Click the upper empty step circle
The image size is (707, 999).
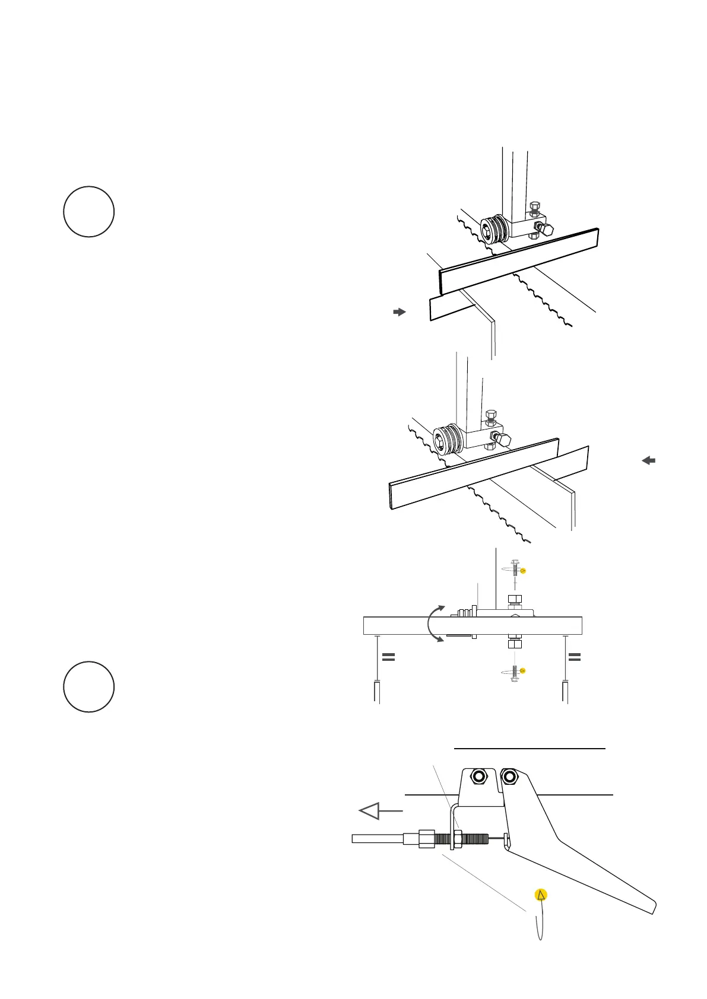(89, 212)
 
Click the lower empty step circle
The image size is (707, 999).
(89, 686)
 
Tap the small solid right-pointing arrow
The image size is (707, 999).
(400, 311)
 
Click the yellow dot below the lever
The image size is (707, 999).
(540, 895)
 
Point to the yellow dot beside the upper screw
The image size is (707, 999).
(523, 571)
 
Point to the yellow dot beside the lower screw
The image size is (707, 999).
(522, 671)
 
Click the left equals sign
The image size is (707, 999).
(388, 657)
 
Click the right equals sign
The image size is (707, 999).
(575, 657)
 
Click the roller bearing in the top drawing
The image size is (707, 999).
(493, 230)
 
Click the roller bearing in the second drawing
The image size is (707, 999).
(446, 440)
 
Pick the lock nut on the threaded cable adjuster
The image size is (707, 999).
(458, 839)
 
